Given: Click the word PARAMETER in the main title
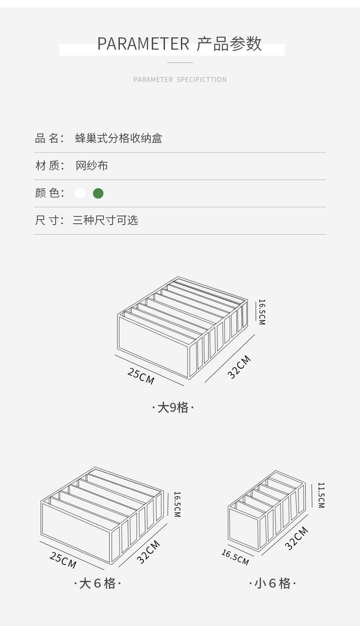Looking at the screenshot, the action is [143, 44].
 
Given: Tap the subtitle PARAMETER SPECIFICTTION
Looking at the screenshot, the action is [180, 80].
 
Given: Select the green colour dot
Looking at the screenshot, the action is [98, 194].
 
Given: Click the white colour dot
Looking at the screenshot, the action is [80, 194].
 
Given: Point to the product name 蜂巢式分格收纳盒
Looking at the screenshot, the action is [118, 139].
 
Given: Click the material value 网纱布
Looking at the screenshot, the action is [92, 166].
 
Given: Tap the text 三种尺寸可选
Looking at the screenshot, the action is [105, 221].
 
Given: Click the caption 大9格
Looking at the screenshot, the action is [173, 407].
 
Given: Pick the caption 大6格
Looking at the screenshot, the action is [98, 583].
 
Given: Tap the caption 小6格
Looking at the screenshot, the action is [272, 583].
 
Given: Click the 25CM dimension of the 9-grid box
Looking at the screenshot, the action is [141, 376].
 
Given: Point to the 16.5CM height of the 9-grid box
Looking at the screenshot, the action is [262, 312].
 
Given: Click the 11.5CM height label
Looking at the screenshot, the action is [321, 495].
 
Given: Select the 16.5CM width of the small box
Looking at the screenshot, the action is [235, 557].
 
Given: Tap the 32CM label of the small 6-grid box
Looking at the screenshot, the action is [297, 538].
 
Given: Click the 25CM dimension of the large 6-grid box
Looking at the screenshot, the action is [63, 560].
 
